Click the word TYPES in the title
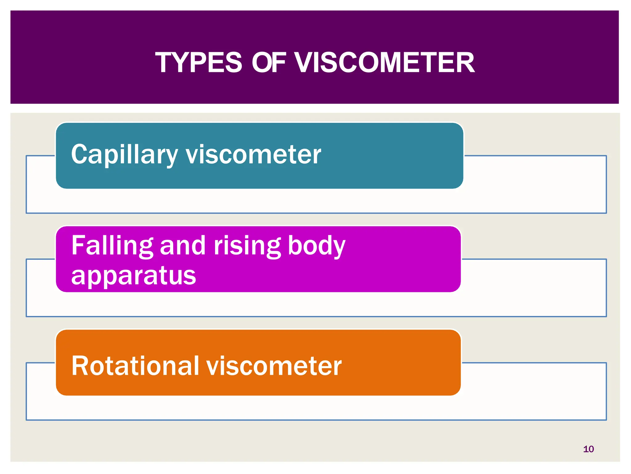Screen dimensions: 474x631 [x=199, y=63]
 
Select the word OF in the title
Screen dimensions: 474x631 [x=269, y=63]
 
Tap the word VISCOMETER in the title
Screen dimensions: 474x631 [x=384, y=63]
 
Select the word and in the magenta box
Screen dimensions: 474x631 [x=183, y=246]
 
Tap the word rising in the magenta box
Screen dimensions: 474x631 [x=247, y=246]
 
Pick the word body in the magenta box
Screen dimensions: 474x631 [x=316, y=246]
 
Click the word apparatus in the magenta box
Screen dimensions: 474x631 [x=133, y=275]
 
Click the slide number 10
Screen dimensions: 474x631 [x=588, y=449]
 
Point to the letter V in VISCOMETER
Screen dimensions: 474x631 [x=303, y=63]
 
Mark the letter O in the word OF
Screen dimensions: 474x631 [x=262, y=63]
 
